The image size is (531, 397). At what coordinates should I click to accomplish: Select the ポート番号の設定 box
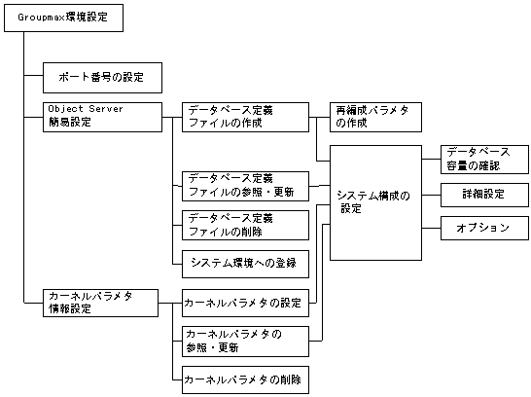(x=101, y=75)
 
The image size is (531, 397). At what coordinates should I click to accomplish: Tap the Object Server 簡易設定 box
(x=101, y=117)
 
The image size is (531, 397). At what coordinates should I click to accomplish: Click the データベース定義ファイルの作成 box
(x=245, y=117)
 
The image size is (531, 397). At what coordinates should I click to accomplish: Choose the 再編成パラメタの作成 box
(x=372, y=117)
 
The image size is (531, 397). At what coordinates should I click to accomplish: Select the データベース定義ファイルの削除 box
(x=245, y=225)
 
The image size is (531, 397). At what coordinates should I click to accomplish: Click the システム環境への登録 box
(x=245, y=263)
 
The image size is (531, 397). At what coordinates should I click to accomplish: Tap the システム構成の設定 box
(x=373, y=202)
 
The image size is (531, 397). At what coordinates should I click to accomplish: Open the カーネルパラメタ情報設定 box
(x=101, y=303)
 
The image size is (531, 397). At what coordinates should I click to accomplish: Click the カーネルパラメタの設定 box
(x=245, y=303)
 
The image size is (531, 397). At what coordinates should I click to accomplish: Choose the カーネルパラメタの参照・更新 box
(x=245, y=341)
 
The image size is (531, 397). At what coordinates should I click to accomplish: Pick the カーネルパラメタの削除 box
(x=245, y=379)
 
